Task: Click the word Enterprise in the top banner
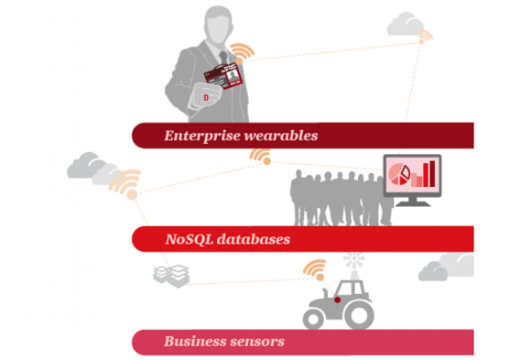[202, 136]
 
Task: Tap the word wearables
[281, 136]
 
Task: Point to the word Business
[192, 341]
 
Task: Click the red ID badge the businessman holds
[223, 76]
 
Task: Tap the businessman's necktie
[223, 57]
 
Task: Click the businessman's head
[219, 25]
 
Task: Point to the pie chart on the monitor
[399, 174]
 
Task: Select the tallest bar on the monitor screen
[432, 173]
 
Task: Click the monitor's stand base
[413, 203]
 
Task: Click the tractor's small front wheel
[314, 319]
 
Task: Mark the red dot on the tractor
[337, 300]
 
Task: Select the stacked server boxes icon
[171, 276]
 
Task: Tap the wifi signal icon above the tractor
[315, 269]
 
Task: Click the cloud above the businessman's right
[406, 24]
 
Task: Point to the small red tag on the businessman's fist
[206, 98]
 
